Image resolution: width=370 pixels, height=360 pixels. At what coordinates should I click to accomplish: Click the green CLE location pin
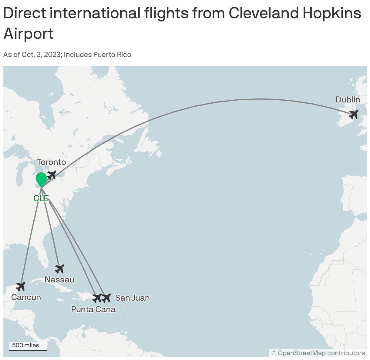coord(41,179)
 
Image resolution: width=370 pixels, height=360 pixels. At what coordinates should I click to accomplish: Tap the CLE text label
coord(41,198)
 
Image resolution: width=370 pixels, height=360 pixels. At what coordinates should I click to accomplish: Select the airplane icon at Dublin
coord(354,115)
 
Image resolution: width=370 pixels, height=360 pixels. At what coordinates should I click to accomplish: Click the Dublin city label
coord(348,100)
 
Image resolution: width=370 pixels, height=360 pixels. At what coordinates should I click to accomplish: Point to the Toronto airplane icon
coord(52,175)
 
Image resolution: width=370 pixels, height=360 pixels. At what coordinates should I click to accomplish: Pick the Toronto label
coord(52,162)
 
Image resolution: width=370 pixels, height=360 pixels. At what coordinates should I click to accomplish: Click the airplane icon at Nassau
coord(60,268)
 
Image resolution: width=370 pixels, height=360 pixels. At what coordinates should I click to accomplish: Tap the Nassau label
coord(59,279)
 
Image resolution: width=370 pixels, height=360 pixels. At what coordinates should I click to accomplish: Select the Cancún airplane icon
coord(21,286)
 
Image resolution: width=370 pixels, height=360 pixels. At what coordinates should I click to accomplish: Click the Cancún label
coord(26,297)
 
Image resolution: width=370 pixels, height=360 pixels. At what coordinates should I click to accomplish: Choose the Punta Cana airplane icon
coord(97,298)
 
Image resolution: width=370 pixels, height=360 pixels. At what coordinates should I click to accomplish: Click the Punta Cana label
coord(93,309)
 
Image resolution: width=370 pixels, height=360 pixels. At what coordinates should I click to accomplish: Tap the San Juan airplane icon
coord(106,298)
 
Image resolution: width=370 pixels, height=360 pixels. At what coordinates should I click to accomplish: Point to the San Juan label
coord(133,298)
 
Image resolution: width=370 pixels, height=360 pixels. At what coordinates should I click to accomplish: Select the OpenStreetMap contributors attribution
coord(318,353)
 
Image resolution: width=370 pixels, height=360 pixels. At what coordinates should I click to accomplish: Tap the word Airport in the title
coord(29,33)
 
